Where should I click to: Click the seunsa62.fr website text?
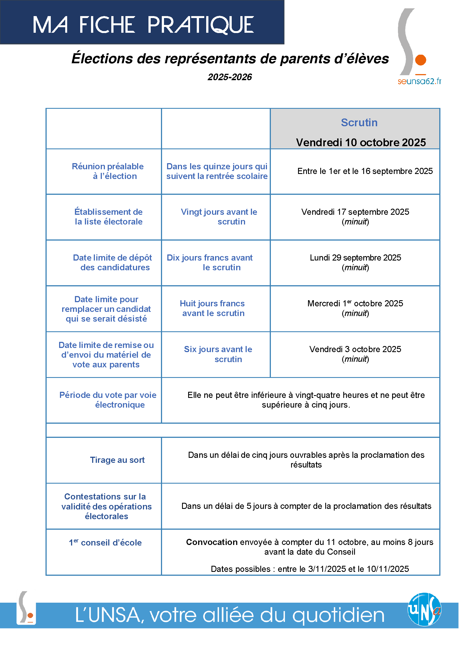coord(419,81)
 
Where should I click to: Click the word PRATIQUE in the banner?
coord(200,25)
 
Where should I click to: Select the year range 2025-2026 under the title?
coord(229,77)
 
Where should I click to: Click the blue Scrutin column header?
coord(359,123)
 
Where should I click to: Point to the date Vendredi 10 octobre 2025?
coord(361,142)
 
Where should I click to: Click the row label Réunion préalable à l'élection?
coord(108,171)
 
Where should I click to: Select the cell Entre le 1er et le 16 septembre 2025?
coord(365,171)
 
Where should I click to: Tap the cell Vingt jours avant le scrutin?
coord(219,216)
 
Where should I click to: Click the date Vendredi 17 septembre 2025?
coord(355,212)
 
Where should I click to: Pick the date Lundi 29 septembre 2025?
coord(355,258)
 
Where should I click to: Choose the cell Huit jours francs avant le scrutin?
coord(212,308)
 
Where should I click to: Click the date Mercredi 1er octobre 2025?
coord(355,304)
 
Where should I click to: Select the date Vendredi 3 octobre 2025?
coord(355,349)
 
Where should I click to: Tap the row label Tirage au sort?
coord(117,460)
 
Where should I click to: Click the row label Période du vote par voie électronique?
coord(108,400)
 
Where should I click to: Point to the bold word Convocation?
coord(212,542)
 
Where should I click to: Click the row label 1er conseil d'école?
coord(105,543)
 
